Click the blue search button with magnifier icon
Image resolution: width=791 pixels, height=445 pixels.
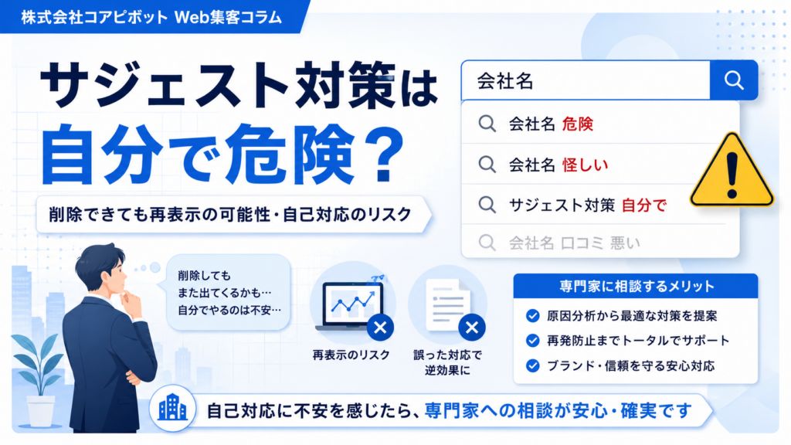point(734,80)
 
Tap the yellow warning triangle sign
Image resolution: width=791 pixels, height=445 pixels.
point(732,171)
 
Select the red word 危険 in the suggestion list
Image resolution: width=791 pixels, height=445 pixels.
point(578,124)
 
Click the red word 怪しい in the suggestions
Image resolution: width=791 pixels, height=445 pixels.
point(586,165)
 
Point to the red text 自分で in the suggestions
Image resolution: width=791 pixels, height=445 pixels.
point(644,205)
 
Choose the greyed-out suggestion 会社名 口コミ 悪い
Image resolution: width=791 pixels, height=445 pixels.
point(575,243)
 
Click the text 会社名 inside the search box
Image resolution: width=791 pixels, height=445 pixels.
point(505,80)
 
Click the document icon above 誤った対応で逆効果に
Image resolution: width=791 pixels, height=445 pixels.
point(447,304)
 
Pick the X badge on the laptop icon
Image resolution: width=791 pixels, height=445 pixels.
point(380,328)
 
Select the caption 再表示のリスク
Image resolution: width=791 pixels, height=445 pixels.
point(351,355)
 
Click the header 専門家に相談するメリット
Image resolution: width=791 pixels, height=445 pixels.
point(637,287)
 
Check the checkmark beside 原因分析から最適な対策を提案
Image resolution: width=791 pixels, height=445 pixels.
point(533,316)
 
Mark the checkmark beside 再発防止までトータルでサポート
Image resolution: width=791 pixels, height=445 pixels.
point(533,341)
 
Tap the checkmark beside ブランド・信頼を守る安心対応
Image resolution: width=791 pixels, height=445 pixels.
point(533,365)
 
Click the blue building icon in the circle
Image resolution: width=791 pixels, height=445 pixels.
point(172,408)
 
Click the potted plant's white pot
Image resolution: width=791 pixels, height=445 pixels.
point(41,411)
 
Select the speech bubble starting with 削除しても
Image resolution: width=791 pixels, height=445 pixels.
point(227,293)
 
